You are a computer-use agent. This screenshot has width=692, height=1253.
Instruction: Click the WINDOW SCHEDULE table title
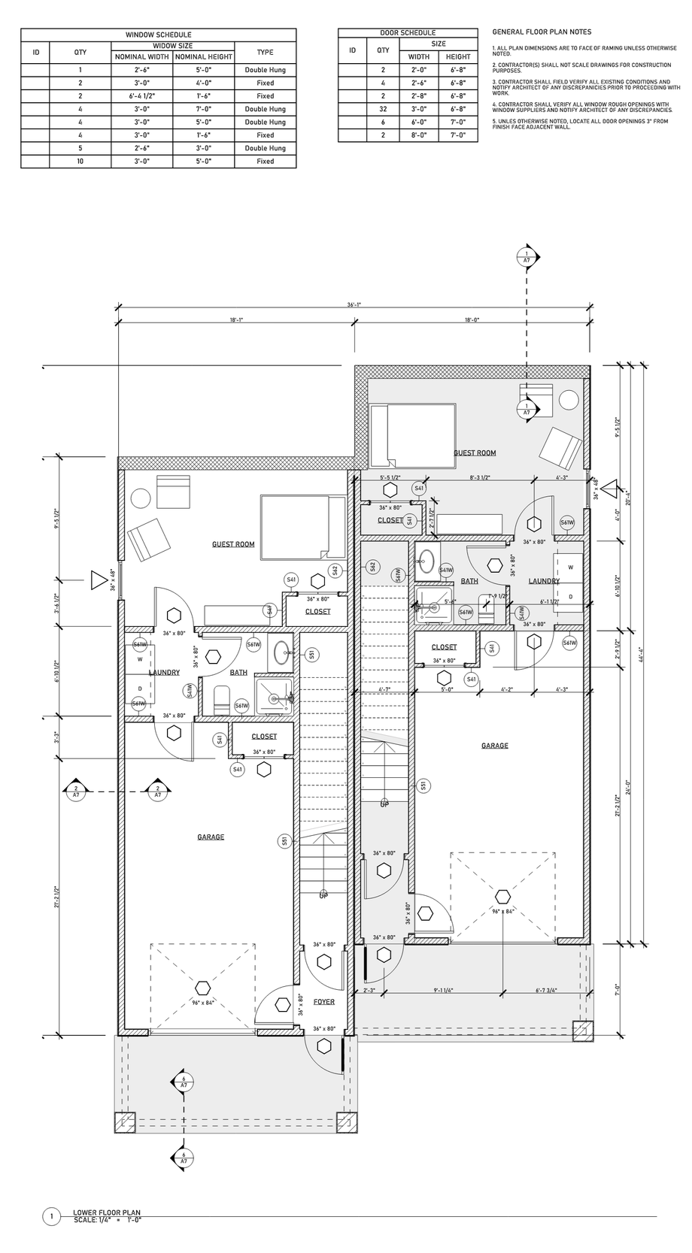pyautogui.click(x=158, y=35)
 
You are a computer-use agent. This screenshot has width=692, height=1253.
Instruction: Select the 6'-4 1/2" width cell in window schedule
pyautogui.click(x=141, y=96)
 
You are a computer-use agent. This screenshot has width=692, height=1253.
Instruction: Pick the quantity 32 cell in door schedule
pyautogui.click(x=383, y=109)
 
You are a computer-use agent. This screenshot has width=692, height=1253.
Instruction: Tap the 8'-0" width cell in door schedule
pyautogui.click(x=418, y=135)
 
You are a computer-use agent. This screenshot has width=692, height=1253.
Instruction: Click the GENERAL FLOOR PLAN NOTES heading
pyautogui.click(x=541, y=32)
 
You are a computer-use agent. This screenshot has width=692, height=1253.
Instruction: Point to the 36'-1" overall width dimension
pyautogui.click(x=354, y=305)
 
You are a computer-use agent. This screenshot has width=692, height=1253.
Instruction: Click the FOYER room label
pyautogui.click(x=324, y=1002)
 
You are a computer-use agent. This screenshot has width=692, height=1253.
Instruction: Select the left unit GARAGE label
pyautogui.click(x=211, y=837)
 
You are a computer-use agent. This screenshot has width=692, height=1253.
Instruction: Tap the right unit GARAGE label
pyautogui.click(x=494, y=746)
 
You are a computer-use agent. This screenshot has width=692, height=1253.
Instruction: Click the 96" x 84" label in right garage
pyautogui.click(x=503, y=911)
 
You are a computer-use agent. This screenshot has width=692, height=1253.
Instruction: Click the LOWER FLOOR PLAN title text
pyautogui.click(x=107, y=1212)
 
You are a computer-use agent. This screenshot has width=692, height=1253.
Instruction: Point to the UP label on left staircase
pyautogui.click(x=323, y=896)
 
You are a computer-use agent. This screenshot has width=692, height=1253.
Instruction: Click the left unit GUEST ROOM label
pyautogui.click(x=233, y=544)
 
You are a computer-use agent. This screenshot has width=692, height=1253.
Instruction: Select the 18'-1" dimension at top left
pyautogui.click(x=236, y=320)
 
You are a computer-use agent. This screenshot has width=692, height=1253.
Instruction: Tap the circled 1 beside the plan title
pyautogui.click(x=51, y=1216)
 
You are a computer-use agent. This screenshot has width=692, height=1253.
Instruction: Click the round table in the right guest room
pyautogui.click(x=570, y=399)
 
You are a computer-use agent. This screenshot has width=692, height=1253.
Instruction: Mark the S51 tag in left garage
pyautogui.click(x=284, y=840)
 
